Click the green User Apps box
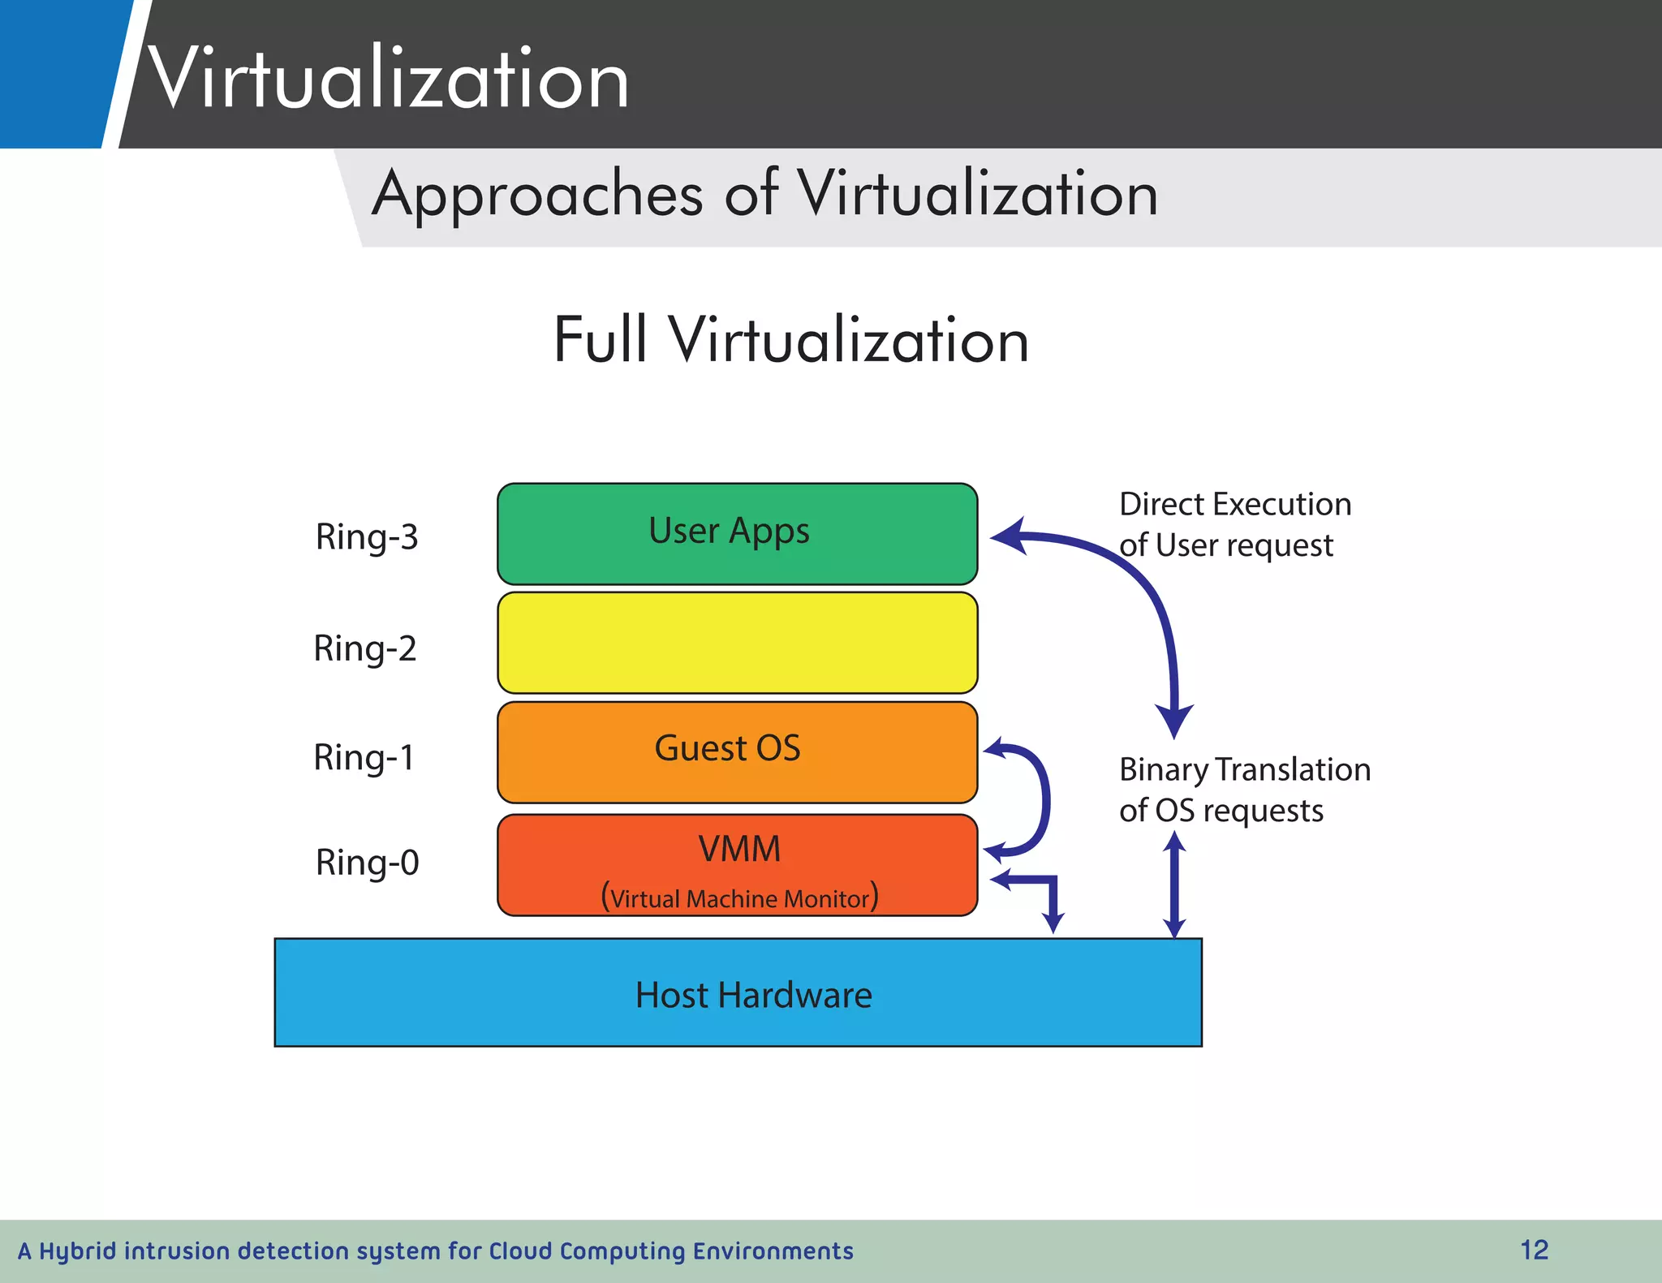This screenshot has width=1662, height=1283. [737, 534]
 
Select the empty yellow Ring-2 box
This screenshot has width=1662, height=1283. [737, 643]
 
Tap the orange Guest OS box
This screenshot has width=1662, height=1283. [737, 751]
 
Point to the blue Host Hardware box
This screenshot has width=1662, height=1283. [738, 993]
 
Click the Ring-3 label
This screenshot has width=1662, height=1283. [367, 537]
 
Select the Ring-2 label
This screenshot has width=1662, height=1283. [365, 648]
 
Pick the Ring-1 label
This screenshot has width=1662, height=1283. [364, 757]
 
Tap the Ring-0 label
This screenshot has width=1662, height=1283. [367, 863]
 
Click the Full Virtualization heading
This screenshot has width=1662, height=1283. [791, 340]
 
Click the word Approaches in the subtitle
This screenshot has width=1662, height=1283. [537, 195]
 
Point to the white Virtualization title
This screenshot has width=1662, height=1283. [388, 79]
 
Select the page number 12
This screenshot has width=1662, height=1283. [1534, 1250]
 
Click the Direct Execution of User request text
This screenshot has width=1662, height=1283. [1234, 524]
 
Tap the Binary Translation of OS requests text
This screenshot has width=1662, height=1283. [1244, 790]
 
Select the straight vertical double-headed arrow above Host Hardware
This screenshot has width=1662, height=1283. [1174, 886]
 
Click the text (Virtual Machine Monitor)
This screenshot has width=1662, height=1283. [739, 898]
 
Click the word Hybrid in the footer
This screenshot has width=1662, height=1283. [78, 1251]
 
